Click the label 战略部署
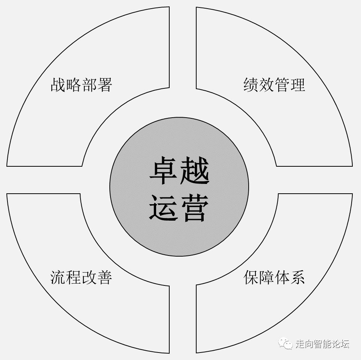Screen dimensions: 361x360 coord(81,85)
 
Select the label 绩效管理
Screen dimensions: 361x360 coord(274,85)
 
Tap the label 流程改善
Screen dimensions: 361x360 coord(81,278)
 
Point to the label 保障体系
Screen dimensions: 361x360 coord(274,278)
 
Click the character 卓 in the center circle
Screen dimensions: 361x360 coord(163,172)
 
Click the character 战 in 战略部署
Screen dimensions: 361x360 coord(58,85)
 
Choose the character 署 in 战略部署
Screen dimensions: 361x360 coord(105,85)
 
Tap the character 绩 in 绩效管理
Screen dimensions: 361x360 coord(251,85)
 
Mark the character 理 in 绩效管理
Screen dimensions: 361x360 coord(298,85)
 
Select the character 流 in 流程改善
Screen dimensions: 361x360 coord(58,278)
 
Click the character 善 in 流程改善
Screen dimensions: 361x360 coord(105,278)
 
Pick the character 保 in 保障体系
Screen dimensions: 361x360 coord(251,278)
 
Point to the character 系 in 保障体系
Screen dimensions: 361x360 coord(298,278)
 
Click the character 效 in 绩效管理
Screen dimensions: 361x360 coord(266,85)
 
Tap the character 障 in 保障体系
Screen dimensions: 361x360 coord(266,278)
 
